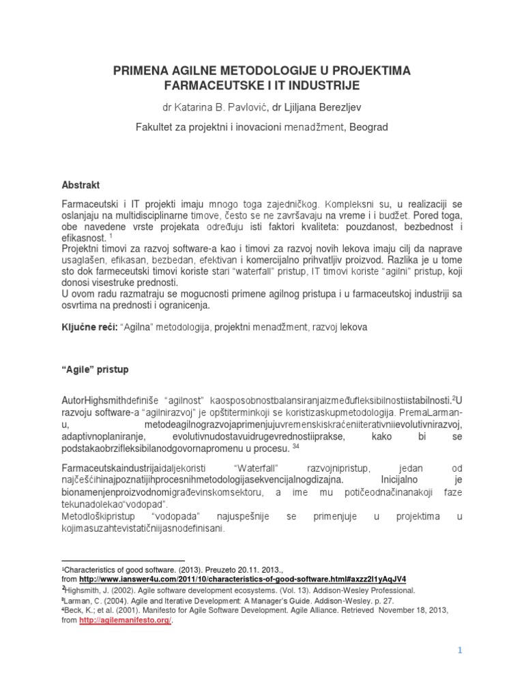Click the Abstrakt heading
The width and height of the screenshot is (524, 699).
click(81, 185)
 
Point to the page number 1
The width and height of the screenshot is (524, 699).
click(461, 651)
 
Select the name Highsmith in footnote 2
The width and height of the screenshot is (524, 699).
click(83, 590)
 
